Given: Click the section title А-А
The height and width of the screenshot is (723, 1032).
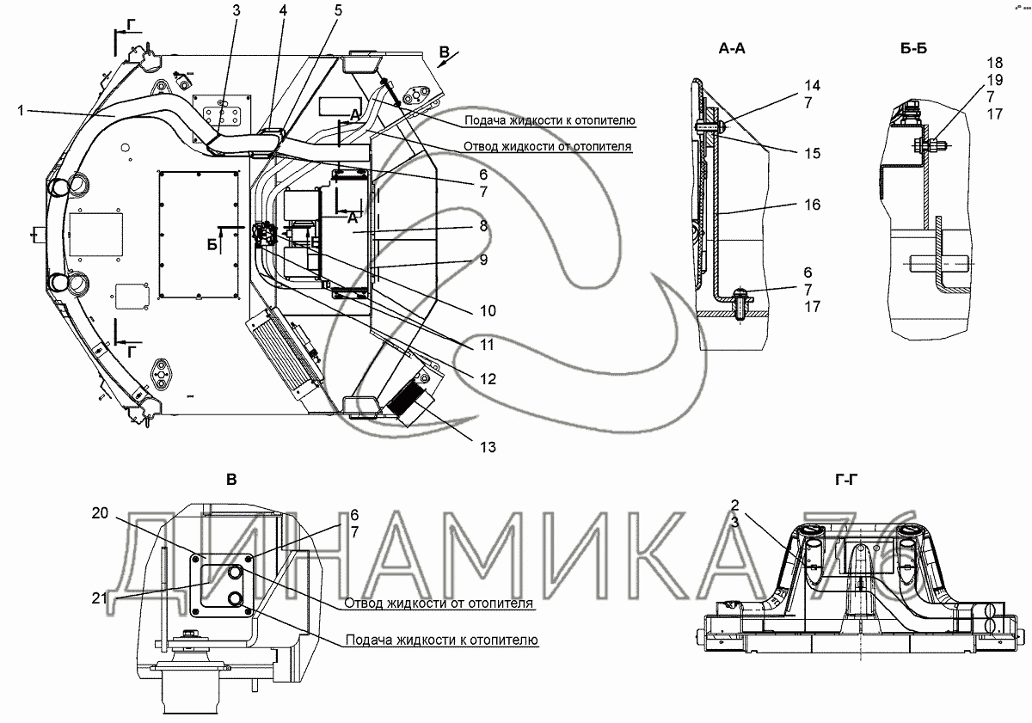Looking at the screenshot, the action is point(732,48).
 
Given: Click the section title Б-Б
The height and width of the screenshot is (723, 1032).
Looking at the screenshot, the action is point(913,48).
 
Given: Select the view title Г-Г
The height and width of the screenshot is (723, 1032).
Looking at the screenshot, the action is point(846,481).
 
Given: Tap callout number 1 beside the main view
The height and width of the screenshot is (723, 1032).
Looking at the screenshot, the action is point(21,111).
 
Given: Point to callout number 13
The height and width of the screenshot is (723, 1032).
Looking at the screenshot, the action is point(488,447).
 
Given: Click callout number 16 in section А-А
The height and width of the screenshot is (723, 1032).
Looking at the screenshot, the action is point(812,205).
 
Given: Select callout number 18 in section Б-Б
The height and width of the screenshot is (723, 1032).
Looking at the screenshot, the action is point(995,63).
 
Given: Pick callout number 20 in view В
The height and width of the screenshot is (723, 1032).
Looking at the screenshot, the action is point(100,513).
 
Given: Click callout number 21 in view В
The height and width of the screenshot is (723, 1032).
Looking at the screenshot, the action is point(100,598).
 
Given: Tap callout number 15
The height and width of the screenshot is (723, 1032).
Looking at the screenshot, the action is point(812,153).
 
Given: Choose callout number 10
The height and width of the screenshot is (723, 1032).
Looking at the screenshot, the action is point(488,311).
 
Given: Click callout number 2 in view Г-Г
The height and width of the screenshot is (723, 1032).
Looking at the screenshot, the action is point(734,505).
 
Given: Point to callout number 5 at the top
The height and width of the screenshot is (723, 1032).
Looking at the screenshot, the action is point(339,10).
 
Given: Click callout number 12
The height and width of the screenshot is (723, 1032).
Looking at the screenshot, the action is point(488,379).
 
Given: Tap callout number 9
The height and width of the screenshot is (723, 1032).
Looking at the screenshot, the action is point(483,260).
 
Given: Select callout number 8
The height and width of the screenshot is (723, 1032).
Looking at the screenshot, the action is point(483,226).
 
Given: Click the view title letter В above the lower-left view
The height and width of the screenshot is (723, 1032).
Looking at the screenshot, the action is point(231,480).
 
